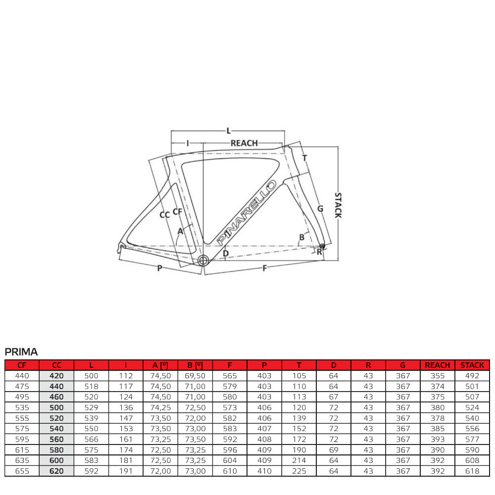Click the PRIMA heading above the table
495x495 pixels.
click(x=21, y=352)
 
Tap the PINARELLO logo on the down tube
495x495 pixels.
click(x=246, y=211)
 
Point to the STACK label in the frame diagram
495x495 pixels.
click(x=338, y=205)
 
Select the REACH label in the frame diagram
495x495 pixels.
click(x=244, y=143)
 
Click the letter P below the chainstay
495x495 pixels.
click(x=159, y=268)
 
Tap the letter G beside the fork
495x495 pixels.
click(x=320, y=208)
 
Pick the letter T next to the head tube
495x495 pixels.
click(x=305, y=158)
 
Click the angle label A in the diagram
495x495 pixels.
click(x=180, y=231)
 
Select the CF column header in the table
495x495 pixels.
click(x=22, y=365)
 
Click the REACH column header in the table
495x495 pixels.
click(x=437, y=365)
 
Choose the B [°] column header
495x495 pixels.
click(x=195, y=365)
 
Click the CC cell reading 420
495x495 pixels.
click(x=56, y=376)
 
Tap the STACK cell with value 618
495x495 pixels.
click(x=472, y=471)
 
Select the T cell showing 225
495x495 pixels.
click(x=299, y=471)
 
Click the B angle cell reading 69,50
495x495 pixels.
click(x=195, y=376)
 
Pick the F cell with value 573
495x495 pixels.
click(x=230, y=407)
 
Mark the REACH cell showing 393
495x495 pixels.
click(x=437, y=439)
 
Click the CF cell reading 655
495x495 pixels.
click(x=22, y=471)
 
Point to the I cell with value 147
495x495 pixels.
click(x=126, y=418)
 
